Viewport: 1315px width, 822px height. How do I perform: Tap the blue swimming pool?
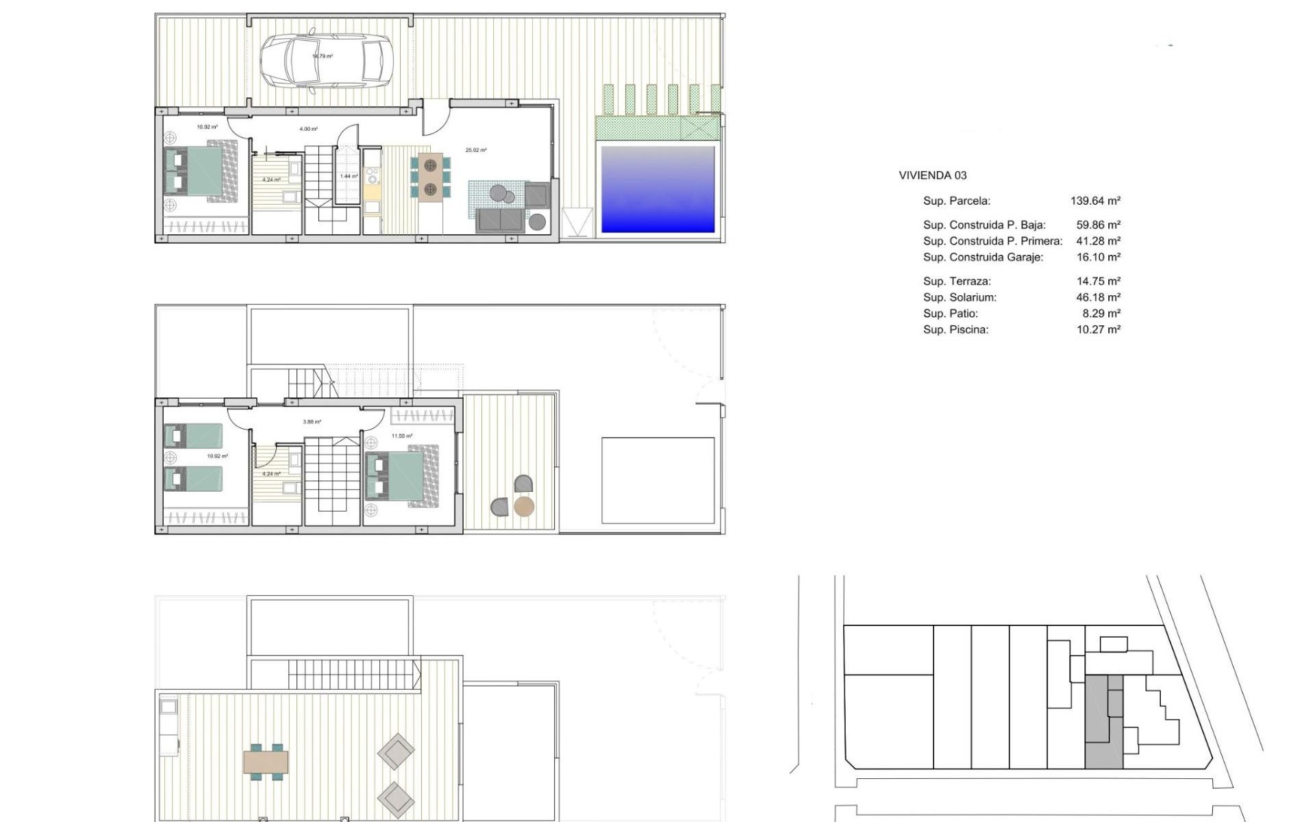[657, 188]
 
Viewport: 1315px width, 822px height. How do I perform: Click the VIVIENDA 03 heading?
[932, 175]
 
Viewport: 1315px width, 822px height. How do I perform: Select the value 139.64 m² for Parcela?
[1095, 201]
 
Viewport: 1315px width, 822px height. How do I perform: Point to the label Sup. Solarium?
[960, 297]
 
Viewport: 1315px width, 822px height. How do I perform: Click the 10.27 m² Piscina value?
[1098, 329]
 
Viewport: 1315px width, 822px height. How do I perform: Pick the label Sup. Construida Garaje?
[983, 258]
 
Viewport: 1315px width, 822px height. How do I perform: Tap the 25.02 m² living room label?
[476, 150]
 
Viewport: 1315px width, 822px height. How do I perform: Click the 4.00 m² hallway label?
[308, 129]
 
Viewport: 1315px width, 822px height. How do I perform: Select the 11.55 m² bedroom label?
[402, 436]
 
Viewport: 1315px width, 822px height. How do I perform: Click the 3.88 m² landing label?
[312, 422]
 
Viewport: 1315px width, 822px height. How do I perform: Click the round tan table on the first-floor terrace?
[524, 507]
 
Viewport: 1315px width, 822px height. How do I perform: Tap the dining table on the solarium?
[266, 762]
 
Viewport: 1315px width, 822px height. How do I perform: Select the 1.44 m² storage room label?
[349, 176]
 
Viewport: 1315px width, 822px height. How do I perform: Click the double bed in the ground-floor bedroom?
[201, 172]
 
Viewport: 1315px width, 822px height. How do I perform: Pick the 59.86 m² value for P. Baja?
[1098, 225]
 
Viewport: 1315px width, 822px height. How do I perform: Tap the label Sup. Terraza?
[957, 281]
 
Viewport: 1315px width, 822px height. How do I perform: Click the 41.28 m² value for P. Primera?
[1098, 241]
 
